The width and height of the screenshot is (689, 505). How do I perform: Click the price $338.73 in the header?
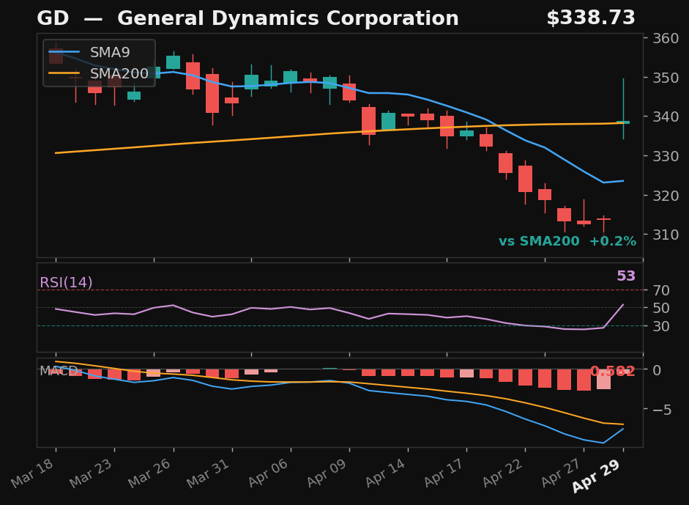click(590, 19)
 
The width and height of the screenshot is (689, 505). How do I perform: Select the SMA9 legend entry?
click(110, 53)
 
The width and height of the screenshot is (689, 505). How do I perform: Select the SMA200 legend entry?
click(119, 73)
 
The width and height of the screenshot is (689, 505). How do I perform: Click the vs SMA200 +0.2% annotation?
click(567, 242)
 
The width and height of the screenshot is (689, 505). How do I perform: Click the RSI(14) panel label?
click(66, 283)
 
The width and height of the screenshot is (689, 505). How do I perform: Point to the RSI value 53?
click(626, 276)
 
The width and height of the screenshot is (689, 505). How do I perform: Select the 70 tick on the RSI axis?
click(658, 290)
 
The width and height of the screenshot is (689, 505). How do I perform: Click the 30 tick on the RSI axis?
click(658, 325)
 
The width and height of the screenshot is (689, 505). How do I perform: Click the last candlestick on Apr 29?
click(623, 122)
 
